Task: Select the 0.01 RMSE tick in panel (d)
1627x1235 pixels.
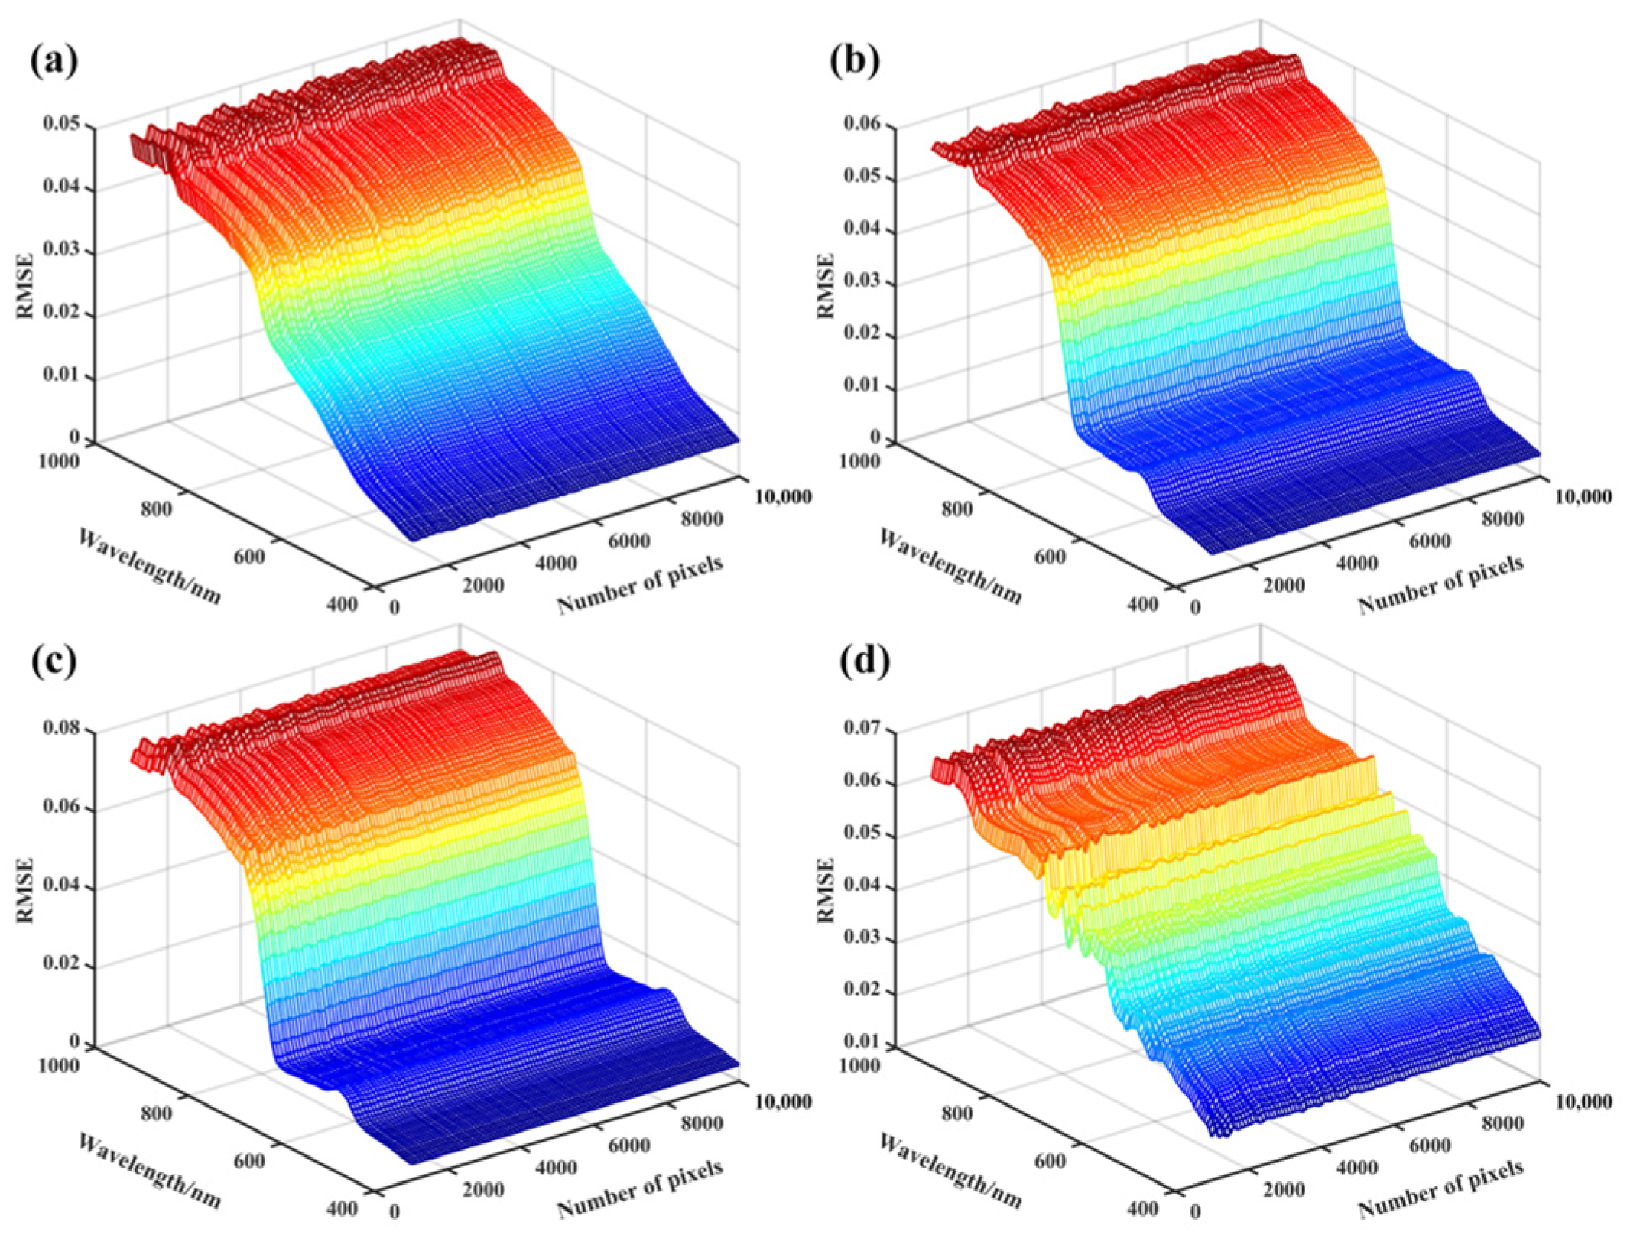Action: pos(863,1044)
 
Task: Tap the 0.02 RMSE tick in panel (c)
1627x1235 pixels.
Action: pos(62,966)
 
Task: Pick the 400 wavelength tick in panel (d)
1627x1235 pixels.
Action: pos(1142,1209)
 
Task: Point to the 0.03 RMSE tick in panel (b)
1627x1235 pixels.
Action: pos(863,283)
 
